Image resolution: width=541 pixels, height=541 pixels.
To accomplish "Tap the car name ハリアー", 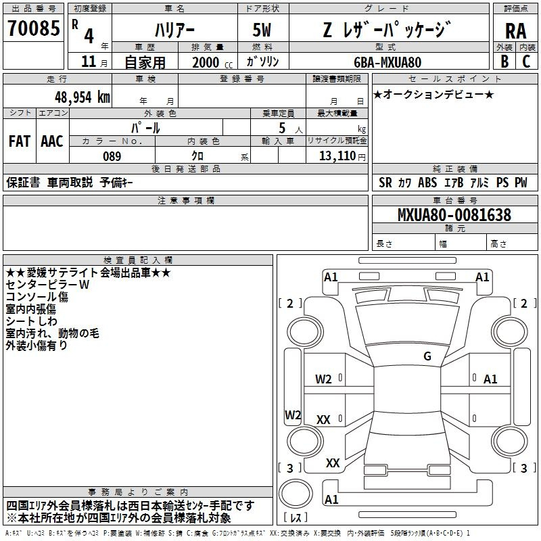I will click(x=174, y=30).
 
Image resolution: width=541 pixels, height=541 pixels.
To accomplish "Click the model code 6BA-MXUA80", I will click(x=387, y=62).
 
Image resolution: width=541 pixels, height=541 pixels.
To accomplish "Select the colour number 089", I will click(x=112, y=156).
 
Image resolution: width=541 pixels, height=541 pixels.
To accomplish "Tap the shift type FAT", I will click(x=20, y=141).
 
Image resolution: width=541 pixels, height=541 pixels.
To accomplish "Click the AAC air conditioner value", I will click(x=51, y=141).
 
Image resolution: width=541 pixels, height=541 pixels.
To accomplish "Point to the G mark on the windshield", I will click(x=427, y=356).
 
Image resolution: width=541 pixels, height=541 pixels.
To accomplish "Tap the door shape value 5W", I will click(x=262, y=30).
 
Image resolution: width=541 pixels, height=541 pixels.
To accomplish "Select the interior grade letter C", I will click(x=526, y=61).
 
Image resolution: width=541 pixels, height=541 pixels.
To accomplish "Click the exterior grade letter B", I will click(x=504, y=61).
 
